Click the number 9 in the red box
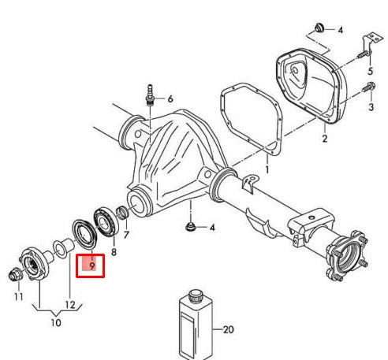click(x=92, y=266)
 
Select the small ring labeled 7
click(x=122, y=213)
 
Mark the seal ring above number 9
click(x=83, y=234)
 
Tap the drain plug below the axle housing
click(x=190, y=228)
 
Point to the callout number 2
click(x=324, y=139)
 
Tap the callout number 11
click(x=18, y=297)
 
